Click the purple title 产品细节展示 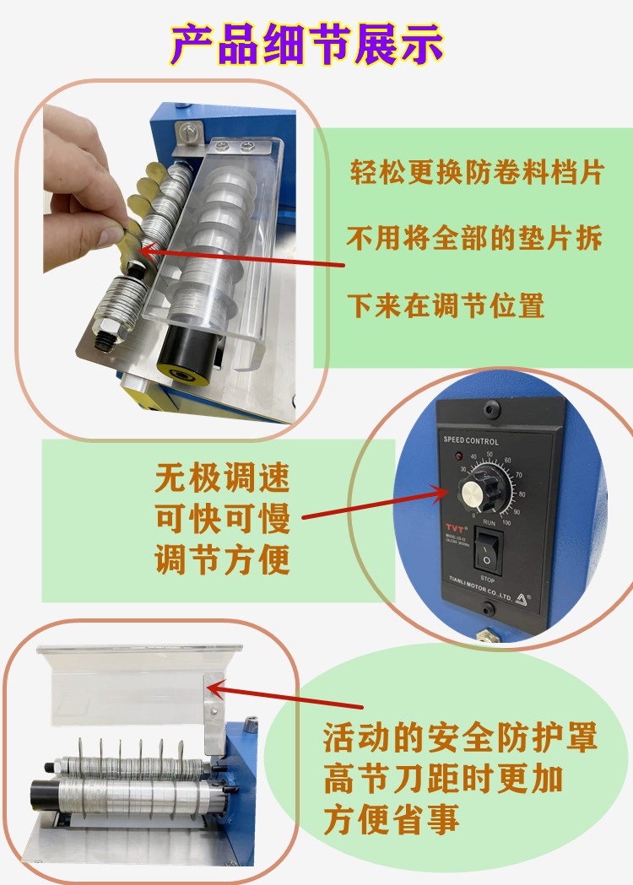click(x=307, y=44)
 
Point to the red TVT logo click(x=453, y=529)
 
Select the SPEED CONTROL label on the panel click(x=471, y=441)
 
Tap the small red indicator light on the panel click(x=459, y=457)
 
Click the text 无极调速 click(x=222, y=479)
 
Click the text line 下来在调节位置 click(x=446, y=305)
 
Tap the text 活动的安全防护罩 click(x=461, y=739)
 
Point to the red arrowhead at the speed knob click(x=438, y=488)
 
